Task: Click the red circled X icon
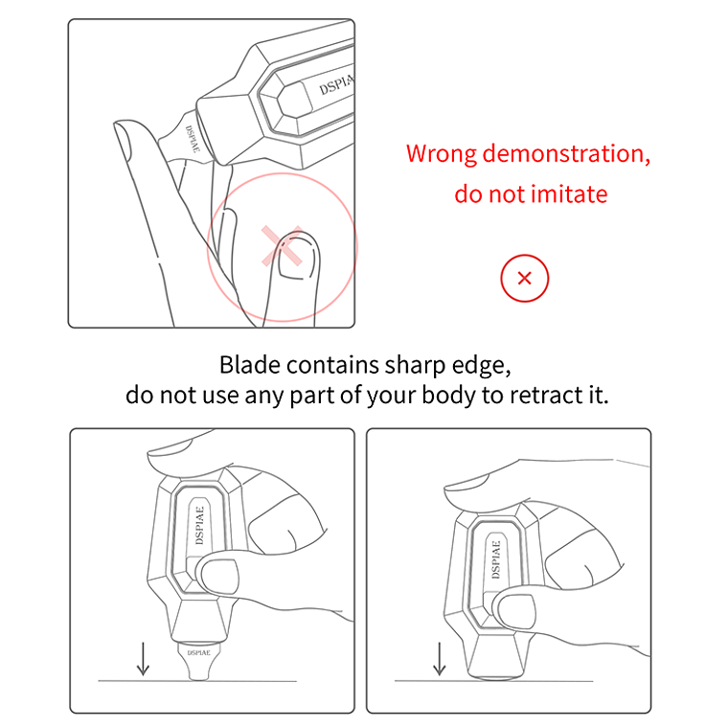point(524,279)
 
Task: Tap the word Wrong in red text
point(442,154)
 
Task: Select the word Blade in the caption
point(249,365)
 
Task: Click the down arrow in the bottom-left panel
point(143,659)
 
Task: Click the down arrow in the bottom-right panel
point(440,659)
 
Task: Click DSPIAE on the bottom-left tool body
point(198,521)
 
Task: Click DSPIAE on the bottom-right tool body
point(496,559)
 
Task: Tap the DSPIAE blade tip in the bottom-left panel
point(198,653)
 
